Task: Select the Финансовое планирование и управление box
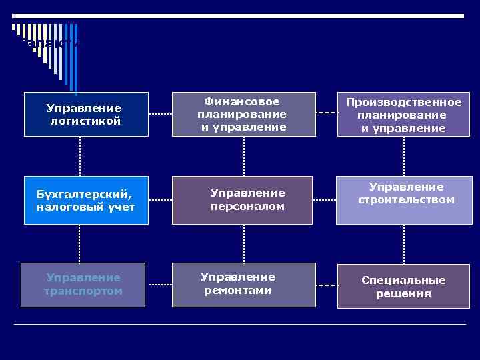(x=243, y=114)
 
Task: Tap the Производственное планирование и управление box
(x=404, y=114)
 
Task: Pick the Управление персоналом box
(x=243, y=200)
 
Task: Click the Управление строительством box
(x=404, y=200)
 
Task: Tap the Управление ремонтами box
(x=243, y=284)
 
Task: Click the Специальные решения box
(x=404, y=287)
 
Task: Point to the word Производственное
(x=403, y=102)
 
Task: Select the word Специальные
(x=403, y=281)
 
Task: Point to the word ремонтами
(x=238, y=290)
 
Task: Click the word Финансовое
(x=242, y=102)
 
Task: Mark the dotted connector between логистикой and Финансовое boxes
(x=160, y=114)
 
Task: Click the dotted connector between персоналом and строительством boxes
(x=325, y=200)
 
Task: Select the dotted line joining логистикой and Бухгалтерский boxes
(x=80, y=157)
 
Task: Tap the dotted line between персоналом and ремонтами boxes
(x=244, y=243)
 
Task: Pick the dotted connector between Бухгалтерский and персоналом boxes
(x=160, y=200)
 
